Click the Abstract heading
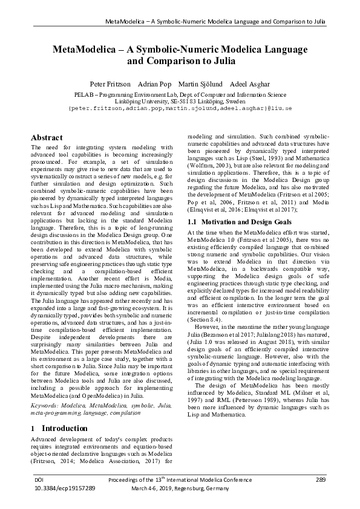47,138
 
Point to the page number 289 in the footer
321,479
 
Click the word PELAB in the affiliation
83,95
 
